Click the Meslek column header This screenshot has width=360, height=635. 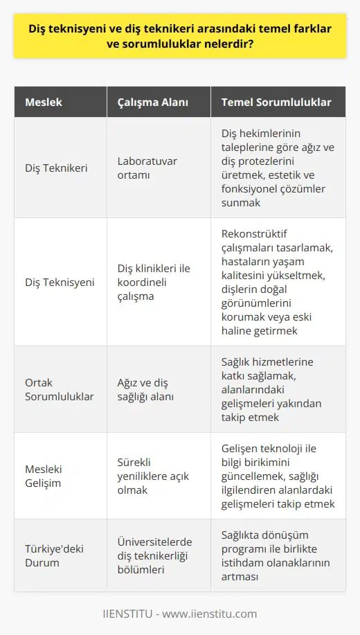point(44,102)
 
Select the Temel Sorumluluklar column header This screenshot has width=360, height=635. point(276,102)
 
